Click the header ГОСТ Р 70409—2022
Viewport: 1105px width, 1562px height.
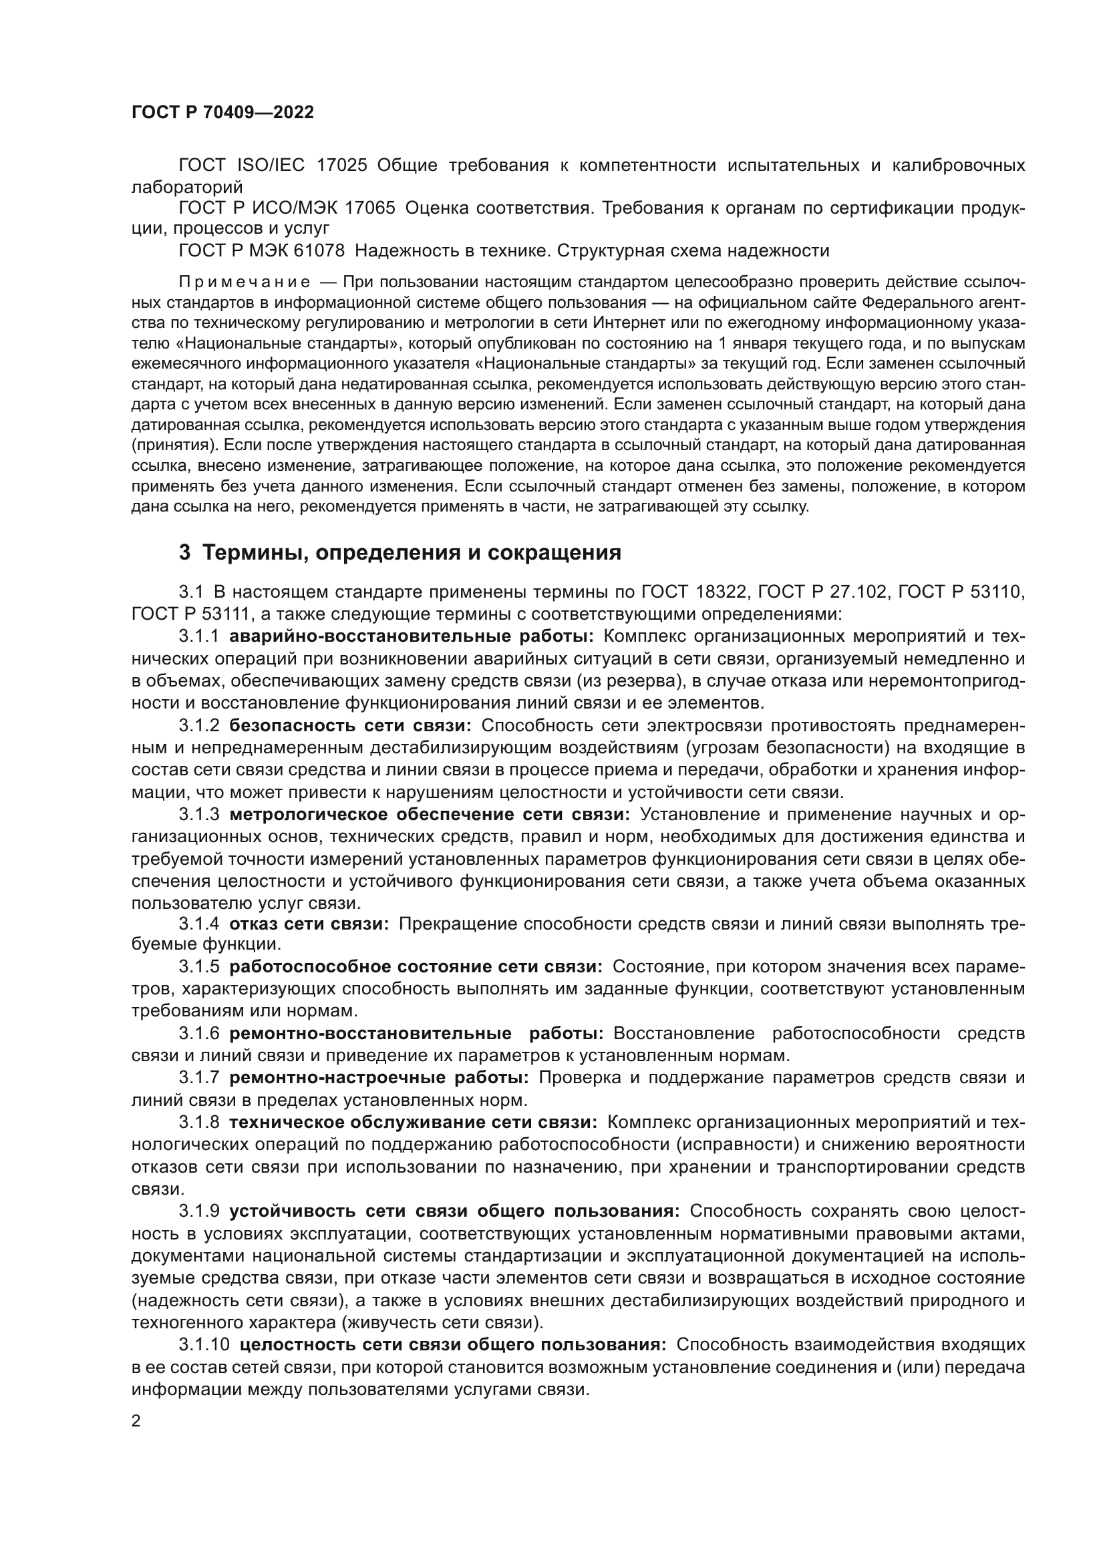point(222,113)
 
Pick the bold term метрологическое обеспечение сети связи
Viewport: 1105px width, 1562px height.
point(430,814)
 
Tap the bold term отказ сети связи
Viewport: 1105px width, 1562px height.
point(309,924)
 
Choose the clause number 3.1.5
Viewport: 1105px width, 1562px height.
point(198,967)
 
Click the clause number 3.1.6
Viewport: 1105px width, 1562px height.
point(198,1033)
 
